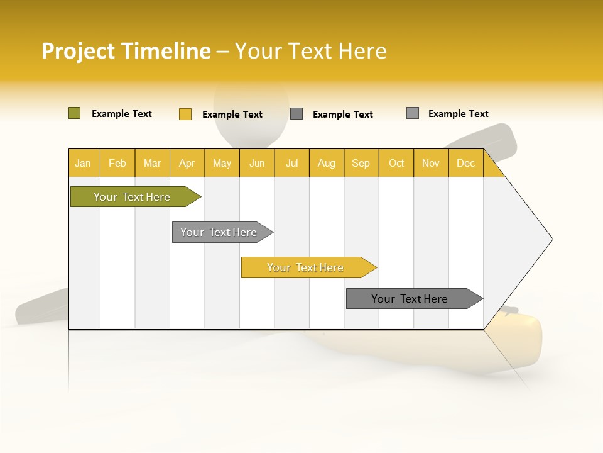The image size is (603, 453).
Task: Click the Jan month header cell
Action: pyautogui.click(x=83, y=163)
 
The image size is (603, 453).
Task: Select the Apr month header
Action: pyautogui.click(x=187, y=163)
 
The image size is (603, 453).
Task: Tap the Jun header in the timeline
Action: pyautogui.click(x=257, y=163)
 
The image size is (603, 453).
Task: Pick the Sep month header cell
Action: pyautogui.click(x=361, y=163)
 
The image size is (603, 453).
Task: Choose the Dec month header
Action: pyautogui.click(x=465, y=163)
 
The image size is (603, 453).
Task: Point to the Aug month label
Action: pyautogui.click(x=326, y=163)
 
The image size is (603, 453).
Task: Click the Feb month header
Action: pyautogui.click(x=117, y=163)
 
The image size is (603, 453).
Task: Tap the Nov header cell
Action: pyautogui.click(x=430, y=163)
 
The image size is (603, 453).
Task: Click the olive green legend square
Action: pyautogui.click(x=74, y=113)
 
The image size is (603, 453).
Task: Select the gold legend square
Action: pyautogui.click(x=185, y=114)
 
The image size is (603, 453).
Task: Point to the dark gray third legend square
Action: pyautogui.click(x=296, y=114)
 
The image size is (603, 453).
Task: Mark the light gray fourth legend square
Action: pyautogui.click(x=412, y=113)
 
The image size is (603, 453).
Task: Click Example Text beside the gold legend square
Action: pyautogui.click(x=232, y=115)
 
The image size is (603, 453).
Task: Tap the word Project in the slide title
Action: pyautogui.click(x=79, y=52)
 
